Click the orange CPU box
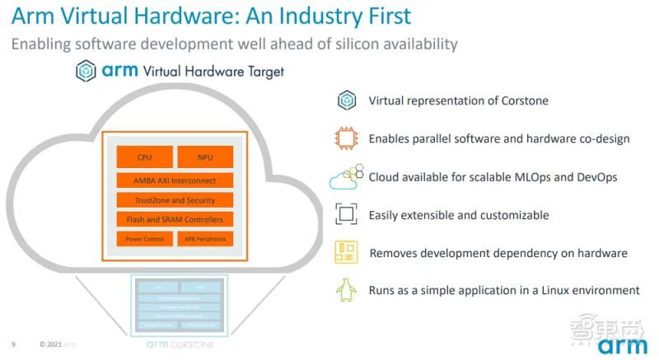tap(145, 157)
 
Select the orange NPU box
tap(205, 157)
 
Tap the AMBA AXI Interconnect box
tap(175, 180)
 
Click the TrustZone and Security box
tap(175, 199)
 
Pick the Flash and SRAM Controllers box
tap(175, 219)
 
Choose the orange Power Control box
tap(145, 240)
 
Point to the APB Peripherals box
tap(205, 240)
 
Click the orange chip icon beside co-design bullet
tap(345, 138)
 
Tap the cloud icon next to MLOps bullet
tap(345, 176)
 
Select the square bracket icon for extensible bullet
tap(345, 215)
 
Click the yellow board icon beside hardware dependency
tap(345, 253)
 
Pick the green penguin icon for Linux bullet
tap(345, 290)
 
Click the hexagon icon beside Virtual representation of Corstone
tap(345, 101)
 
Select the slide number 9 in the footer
tap(13, 344)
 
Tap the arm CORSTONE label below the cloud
tap(175, 344)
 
